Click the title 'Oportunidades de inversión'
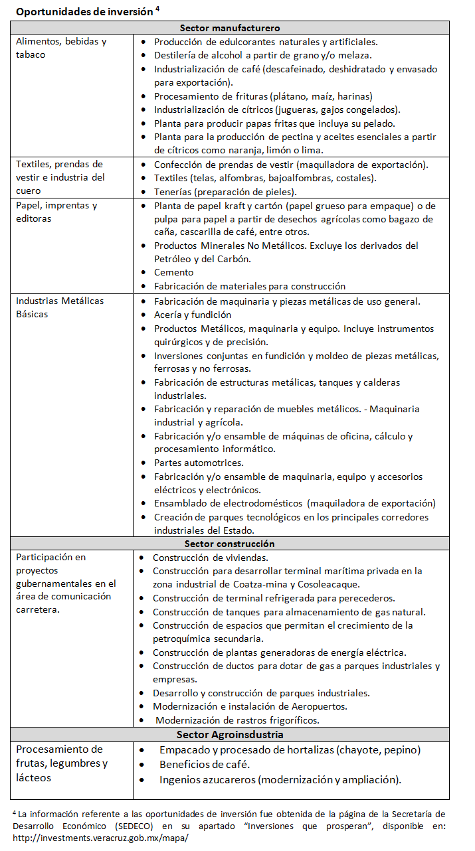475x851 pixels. click(x=84, y=11)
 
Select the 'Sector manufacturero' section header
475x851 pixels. click(x=230, y=28)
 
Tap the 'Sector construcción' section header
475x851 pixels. click(x=230, y=544)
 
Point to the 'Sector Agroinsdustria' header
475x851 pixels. click(x=230, y=735)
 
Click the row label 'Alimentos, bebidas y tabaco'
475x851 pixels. click(x=61, y=48)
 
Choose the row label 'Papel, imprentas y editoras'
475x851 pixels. click(x=56, y=212)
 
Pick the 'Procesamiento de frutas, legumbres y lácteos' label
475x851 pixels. click(x=62, y=763)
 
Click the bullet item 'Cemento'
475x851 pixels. click(x=173, y=272)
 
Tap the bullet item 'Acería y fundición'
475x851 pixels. click(x=193, y=315)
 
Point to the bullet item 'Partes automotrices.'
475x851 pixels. click(x=199, y=463)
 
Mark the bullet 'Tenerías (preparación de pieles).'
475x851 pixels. click(x=225, y=192)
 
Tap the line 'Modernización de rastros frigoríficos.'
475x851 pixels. click(x=237, y=720)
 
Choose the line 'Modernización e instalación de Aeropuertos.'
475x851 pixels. click(x=250, y=706)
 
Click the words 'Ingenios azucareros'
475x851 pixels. click(x=207, y=779)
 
